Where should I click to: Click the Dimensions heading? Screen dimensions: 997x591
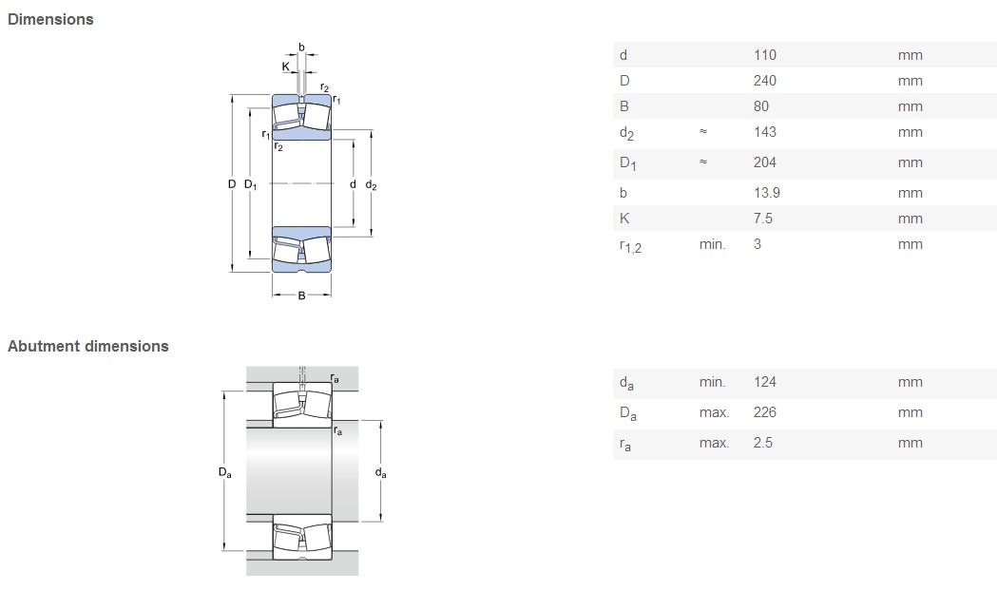pos(50,20)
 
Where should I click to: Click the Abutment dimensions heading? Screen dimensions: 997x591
pos(87,347)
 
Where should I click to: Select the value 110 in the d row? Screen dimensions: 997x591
pos(765,55)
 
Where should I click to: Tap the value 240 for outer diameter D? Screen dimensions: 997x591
pos(765,81)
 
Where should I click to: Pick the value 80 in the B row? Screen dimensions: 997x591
pos(761,106)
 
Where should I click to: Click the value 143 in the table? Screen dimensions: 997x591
pos(765,131)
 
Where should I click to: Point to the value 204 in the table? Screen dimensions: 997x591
pos(765,162)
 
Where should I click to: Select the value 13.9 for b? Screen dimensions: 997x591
pos(767,193)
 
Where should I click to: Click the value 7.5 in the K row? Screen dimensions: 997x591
pos(763,219)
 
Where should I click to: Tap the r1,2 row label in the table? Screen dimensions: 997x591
pos(631,246)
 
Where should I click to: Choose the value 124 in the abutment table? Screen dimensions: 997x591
pos(765,382)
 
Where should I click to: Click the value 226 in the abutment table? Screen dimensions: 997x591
pos(765,412)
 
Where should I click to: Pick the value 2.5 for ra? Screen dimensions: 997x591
pos(763,443)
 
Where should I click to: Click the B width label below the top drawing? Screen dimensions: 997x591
pos(301,295)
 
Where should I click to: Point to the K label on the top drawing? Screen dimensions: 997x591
pos(285,67)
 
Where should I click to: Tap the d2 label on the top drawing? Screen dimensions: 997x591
pos(372,185)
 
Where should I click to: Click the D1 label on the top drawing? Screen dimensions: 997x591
pos(251,185)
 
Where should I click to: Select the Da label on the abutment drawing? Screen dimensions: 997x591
pos(225,472)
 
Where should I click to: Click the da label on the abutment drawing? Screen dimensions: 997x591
pos(381,473)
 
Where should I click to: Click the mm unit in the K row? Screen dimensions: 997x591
pos(910,219)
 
